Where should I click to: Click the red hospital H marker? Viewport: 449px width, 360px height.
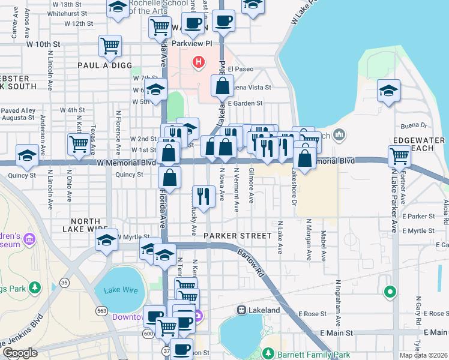197,61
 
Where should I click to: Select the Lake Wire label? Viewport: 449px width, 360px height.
121,290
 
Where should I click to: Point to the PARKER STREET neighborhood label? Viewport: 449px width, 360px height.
238,236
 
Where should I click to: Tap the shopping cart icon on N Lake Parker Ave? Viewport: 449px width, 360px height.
399,156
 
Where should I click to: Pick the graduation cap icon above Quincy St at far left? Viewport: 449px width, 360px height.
27,155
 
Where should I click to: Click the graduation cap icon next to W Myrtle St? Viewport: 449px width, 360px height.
106,240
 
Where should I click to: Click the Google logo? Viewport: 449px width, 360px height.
20,353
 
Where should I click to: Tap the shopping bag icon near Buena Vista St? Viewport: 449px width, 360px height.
222,86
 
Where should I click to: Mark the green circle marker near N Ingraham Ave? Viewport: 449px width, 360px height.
390,292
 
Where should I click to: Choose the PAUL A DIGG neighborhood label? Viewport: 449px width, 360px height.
101,64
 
